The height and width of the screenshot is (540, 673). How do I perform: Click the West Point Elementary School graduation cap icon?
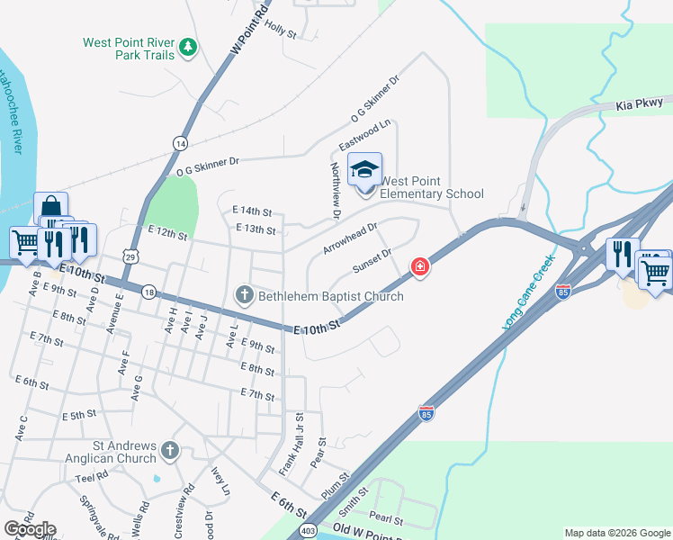(x=365, y=168)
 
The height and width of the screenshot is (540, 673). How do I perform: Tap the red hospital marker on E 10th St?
(x=419, y=266)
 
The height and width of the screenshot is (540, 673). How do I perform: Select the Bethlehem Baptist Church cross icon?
(x=245, y=294)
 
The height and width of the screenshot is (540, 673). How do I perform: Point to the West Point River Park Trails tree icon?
(x=187, y=46)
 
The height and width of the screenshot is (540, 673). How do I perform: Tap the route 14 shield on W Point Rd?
(x=180, y=143)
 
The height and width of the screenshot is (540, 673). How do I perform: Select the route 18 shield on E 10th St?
(x=148, y=292)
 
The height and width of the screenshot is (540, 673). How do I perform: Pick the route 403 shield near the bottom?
(x=308, y=528)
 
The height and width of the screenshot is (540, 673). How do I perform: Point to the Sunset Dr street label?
(x=372, y=260)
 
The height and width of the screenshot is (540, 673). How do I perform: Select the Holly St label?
(x=281, y=30)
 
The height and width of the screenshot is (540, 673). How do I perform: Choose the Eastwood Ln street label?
(x=365, y=134)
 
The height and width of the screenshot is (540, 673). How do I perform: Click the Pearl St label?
(x=386, y=519)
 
